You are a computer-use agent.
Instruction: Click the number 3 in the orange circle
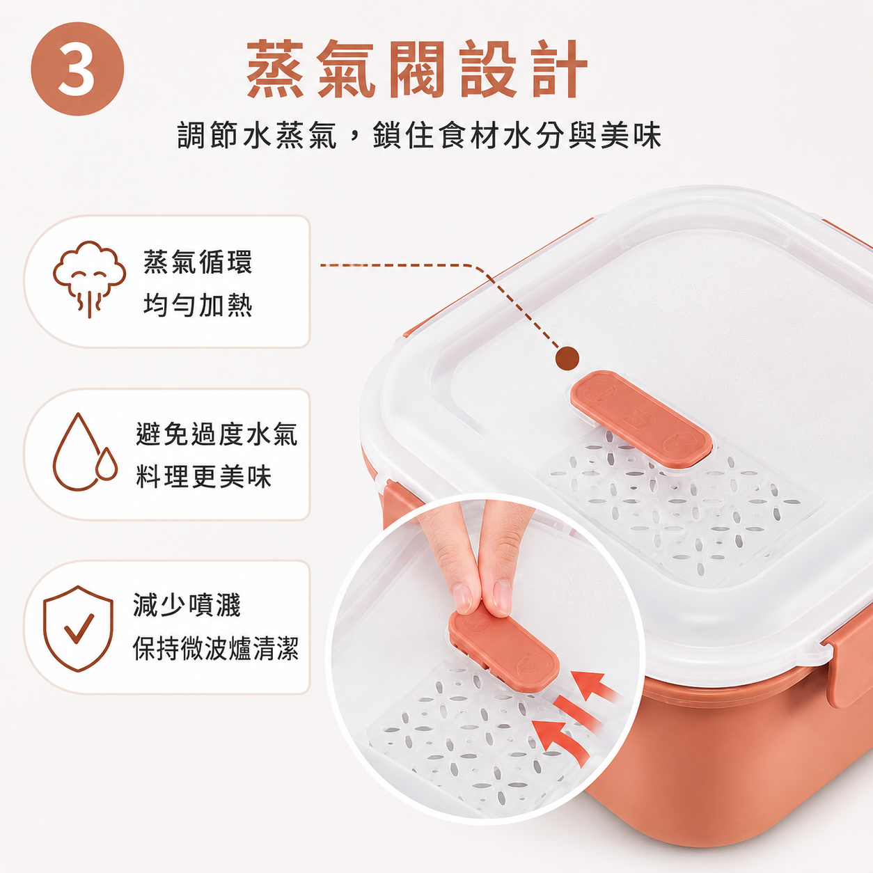click(77, 70)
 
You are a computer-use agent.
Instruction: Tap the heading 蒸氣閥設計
click(417, 69)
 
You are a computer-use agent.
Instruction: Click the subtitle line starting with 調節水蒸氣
click(419, 135)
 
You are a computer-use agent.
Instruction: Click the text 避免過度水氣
click(217, 434)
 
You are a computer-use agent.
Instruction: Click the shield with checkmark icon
click(78, 628)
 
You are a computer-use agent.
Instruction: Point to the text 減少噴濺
click(187, 605)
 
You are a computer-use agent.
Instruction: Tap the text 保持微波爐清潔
click(216, 648)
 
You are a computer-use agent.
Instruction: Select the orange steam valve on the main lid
click(641, 418)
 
